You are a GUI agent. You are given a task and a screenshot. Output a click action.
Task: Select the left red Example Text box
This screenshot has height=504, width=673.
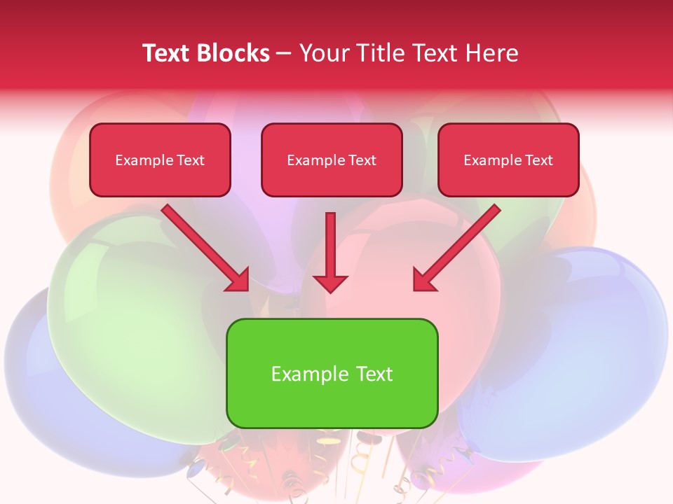pos(160,160)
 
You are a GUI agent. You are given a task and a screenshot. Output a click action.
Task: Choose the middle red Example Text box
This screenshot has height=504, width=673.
pos(332,160)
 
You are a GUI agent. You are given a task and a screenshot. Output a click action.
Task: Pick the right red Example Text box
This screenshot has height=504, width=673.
pos(508,160)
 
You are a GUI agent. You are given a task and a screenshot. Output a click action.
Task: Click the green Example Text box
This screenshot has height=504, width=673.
pos(332,373)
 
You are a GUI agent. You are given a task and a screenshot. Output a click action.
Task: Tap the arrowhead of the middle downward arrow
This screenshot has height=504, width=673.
pos(330,283)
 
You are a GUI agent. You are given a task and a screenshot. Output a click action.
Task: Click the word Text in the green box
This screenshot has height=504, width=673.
pos(373,374)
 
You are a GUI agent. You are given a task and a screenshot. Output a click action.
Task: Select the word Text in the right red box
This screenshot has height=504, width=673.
pos(538,160)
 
